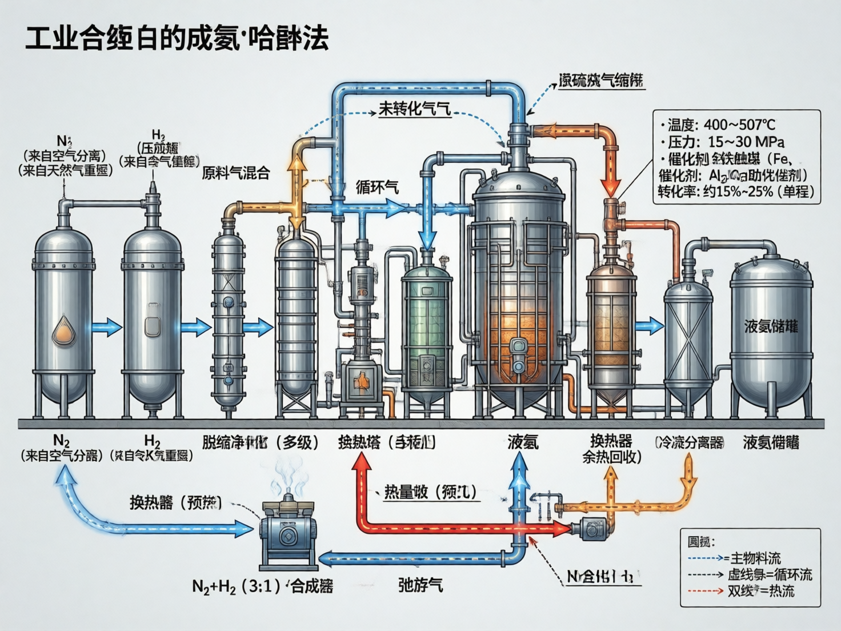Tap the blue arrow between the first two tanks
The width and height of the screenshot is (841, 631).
pyautogui.click(x=107, y=328)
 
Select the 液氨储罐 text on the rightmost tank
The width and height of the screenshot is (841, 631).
pyautogui.click(x=771, y=326)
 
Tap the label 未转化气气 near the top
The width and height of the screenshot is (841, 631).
pyautogui.click(x=415, y=109)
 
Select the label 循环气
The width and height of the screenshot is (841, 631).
pyautogui.click(x=377, y=187)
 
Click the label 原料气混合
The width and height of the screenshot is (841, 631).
pyautogui.click(x=235, y=173)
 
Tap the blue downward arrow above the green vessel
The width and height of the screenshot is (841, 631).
pyautogui.click(x=427, y=234)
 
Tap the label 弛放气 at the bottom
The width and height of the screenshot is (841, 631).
pyautogui.click(x=421, y=585)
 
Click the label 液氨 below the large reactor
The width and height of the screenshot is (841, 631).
pyautogui.click(x=523, y=442)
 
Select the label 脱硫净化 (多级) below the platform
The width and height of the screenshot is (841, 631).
pyautogui.click(x=260, y=442)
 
